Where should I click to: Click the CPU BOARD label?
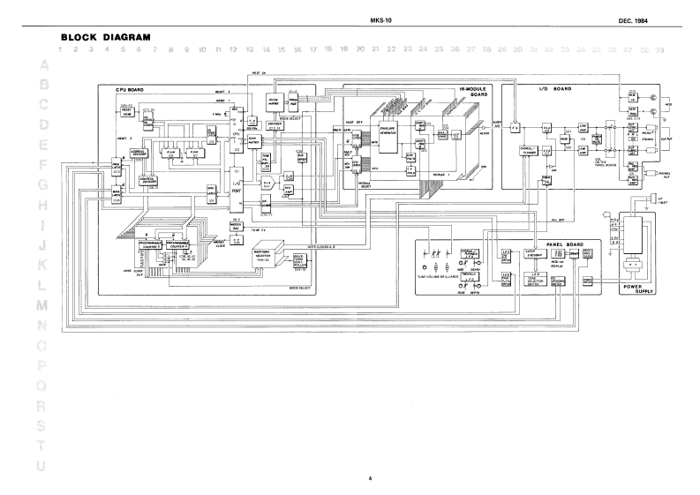point(131,91)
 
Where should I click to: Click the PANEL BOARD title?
point(552,244)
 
